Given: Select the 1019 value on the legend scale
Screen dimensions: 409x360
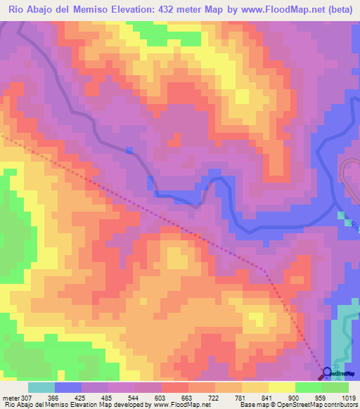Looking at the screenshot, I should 349,398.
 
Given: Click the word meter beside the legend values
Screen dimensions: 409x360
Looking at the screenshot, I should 10,398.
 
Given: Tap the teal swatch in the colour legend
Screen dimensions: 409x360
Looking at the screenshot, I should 41,387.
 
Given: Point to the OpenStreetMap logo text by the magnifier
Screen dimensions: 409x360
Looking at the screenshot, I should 344,375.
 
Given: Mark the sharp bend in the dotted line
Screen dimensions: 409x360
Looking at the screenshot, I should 264,268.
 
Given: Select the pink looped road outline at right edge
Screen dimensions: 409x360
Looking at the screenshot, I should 349,177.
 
